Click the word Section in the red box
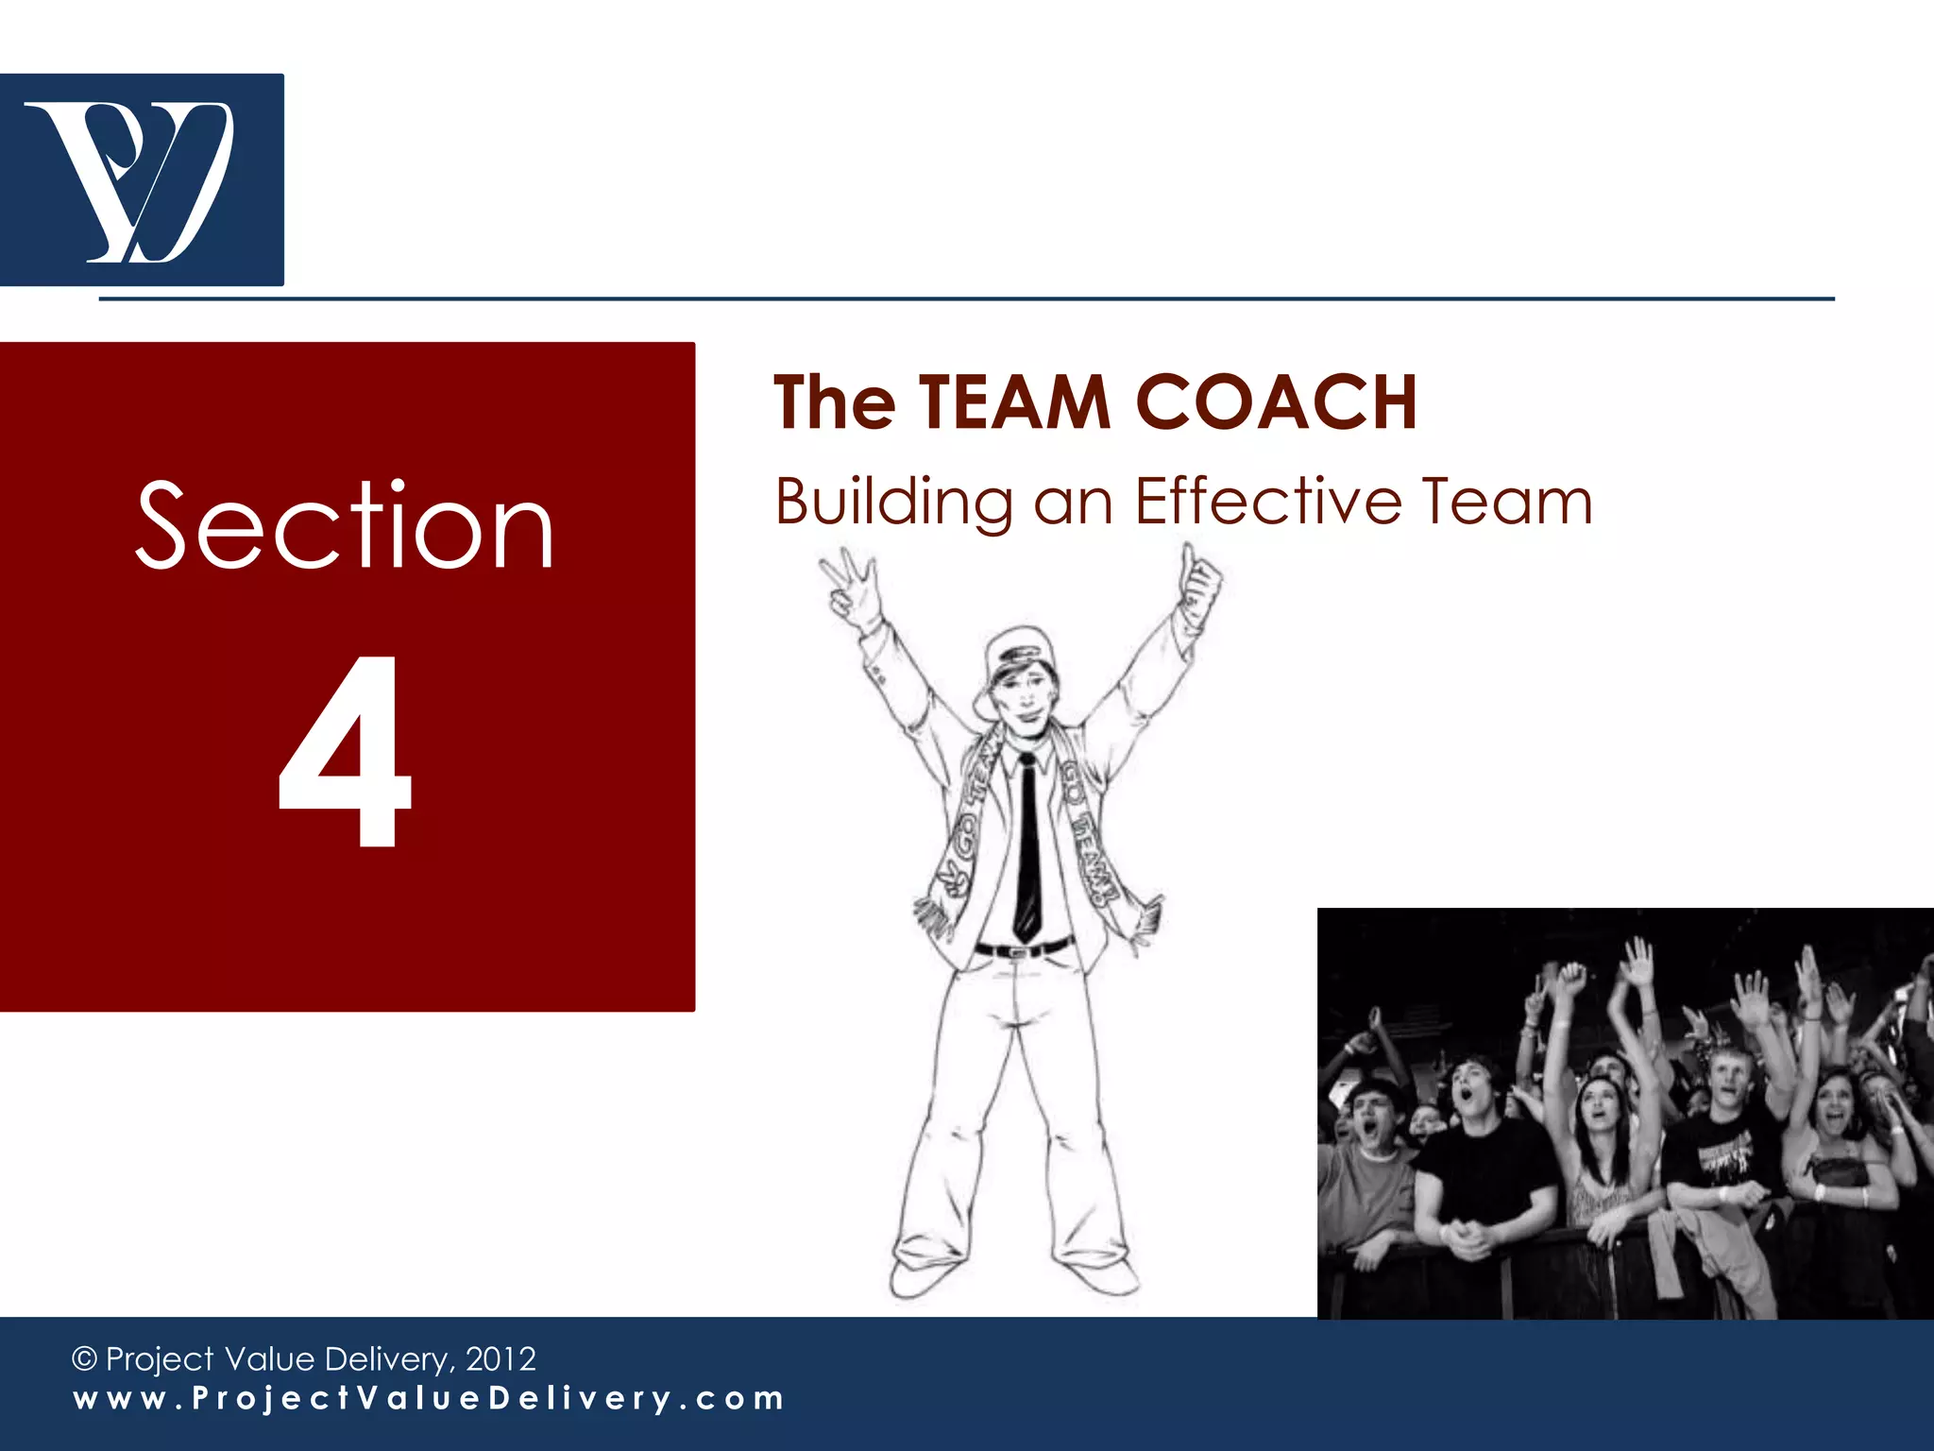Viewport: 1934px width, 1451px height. pos(345,525)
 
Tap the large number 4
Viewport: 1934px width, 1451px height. pos(346,751)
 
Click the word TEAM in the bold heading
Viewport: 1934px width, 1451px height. pos(1015,402)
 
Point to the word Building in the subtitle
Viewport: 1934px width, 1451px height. pos(893,502)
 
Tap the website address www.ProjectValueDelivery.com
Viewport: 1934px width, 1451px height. pos(429,1398)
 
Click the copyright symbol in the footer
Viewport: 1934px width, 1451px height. pos(85,1359)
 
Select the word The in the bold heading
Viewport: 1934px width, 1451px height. pos(834,402)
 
